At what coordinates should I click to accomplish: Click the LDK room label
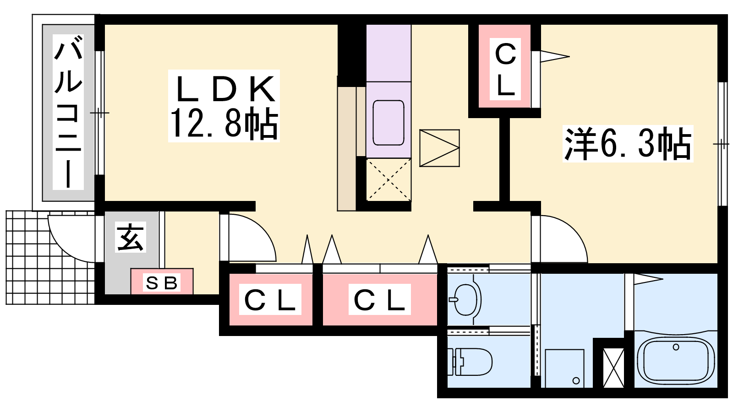(x=225, y=89)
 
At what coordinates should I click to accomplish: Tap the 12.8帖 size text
(x=224, y=123)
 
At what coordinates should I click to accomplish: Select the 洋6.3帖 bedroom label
(x=628, y=144)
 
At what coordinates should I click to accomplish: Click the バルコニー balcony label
(x=68, y=112)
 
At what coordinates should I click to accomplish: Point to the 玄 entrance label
(x=131, y=238)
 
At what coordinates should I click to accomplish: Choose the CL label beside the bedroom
(x=505, y=69)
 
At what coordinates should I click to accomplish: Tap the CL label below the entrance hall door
(x=270, y=299)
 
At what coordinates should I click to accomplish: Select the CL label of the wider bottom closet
(x=380, y=299)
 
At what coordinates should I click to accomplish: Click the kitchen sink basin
(x=388, y=123)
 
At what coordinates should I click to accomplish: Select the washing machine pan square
(x=564, y=369)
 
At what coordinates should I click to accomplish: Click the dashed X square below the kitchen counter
(x=388, y=179)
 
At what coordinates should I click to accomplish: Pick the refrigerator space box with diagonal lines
(x=439, y=148)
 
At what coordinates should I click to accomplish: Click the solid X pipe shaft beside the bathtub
(x=613, y=368)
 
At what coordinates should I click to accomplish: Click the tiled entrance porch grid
(x=49, y=258)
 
